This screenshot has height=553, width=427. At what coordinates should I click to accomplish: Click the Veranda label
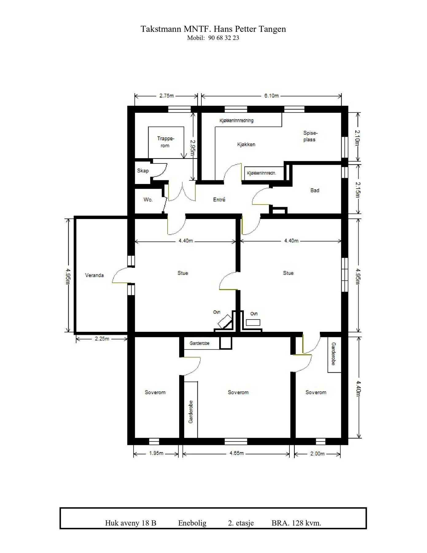[94, 275]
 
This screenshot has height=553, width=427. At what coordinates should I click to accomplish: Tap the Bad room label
[315, 190]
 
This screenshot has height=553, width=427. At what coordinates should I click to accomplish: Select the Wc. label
[148, 200]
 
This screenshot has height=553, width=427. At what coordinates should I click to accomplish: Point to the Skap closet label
[143, 171]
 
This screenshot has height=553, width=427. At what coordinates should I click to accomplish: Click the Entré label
[219, 200]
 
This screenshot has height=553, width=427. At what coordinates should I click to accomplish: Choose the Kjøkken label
[246, 144]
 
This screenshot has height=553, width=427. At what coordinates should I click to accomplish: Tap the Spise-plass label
[310, 136]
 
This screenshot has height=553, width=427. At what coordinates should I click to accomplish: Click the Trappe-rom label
[165, 142]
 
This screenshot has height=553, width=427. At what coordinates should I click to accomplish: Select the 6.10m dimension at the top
[272, 96]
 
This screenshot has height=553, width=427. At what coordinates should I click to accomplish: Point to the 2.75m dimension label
[166, 96]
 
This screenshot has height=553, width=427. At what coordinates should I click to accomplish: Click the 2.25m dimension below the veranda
[102, 339]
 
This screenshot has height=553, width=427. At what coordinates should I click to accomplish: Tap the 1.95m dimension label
[156, 453]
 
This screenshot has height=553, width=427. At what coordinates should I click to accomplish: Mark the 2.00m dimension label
[317, 453]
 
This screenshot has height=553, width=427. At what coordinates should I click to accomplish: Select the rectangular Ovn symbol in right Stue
[253, 323]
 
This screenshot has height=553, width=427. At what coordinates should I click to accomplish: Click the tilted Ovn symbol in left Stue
[224, 322]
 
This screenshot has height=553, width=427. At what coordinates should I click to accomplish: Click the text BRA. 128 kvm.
[296, 523]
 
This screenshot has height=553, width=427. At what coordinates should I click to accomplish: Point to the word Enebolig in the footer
[192, 523]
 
